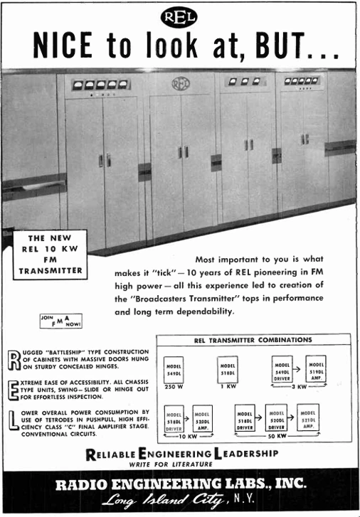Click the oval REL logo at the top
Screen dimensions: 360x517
[179, 17]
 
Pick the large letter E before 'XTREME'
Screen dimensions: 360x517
[21, 389]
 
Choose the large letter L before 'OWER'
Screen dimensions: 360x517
[21, 420]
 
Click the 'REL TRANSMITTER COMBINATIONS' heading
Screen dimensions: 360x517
[253, 340]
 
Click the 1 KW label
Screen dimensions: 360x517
[226, 387]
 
